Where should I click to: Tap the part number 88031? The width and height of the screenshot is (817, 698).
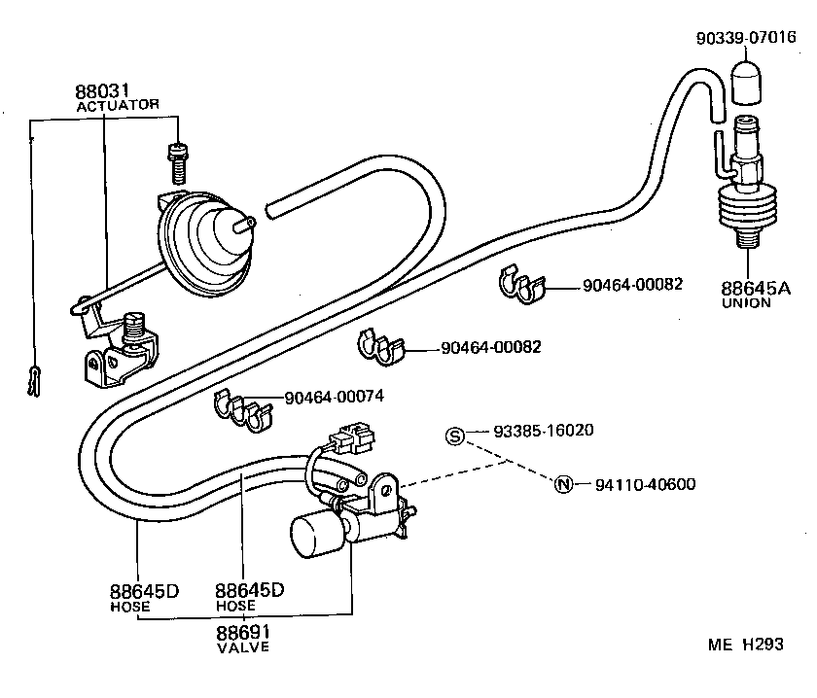(x=102, y=91)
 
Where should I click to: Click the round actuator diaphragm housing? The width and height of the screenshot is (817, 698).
(x=199, y=240)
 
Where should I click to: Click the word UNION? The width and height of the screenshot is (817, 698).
(x=746, y=302)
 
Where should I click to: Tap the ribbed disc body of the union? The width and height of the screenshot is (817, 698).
(x=749, y=212)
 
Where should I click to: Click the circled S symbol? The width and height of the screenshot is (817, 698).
(x=454, y=436)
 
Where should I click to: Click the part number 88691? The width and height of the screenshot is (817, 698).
(x=242, y=632)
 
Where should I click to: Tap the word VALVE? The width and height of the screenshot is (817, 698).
(x=242, y=647)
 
